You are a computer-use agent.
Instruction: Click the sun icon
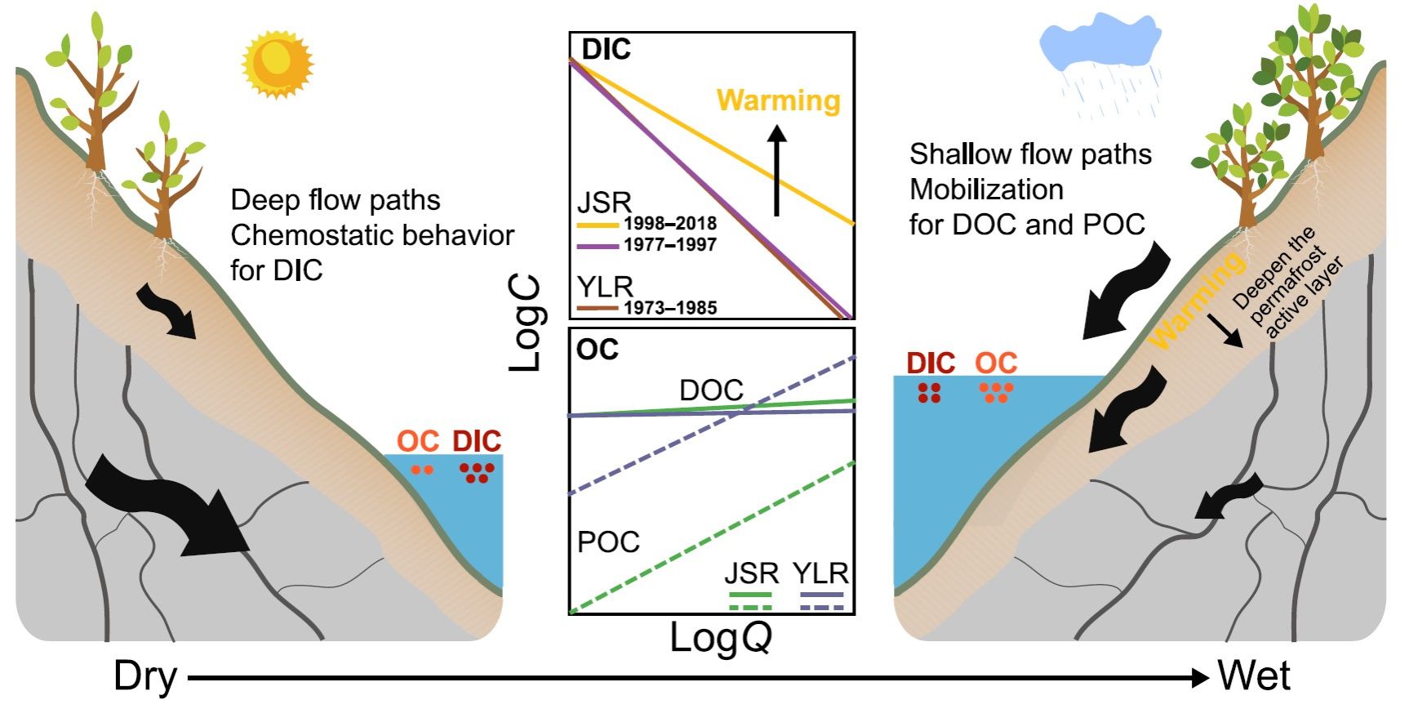[277, 62]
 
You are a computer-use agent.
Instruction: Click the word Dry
[145, 676]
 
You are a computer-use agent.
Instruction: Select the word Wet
[1254, 676]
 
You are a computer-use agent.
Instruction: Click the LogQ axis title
[720, 638]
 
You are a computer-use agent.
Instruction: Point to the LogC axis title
[526, 323]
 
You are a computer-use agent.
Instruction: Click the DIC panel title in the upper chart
[606, 50]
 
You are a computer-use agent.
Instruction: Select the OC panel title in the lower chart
[598, 350]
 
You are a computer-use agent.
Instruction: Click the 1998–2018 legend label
[669, 224]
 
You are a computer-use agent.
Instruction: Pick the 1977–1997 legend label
[669, 245]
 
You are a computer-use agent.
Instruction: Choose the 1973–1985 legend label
[669, 308]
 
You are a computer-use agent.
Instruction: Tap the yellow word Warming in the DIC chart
[778, 100]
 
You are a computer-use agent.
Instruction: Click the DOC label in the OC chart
[711, 390]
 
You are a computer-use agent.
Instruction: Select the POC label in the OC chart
[608, 542]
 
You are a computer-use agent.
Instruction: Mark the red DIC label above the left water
[477, 442]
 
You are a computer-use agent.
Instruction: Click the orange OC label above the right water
[996, 363]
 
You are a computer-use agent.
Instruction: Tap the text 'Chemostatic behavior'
[372, 235]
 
